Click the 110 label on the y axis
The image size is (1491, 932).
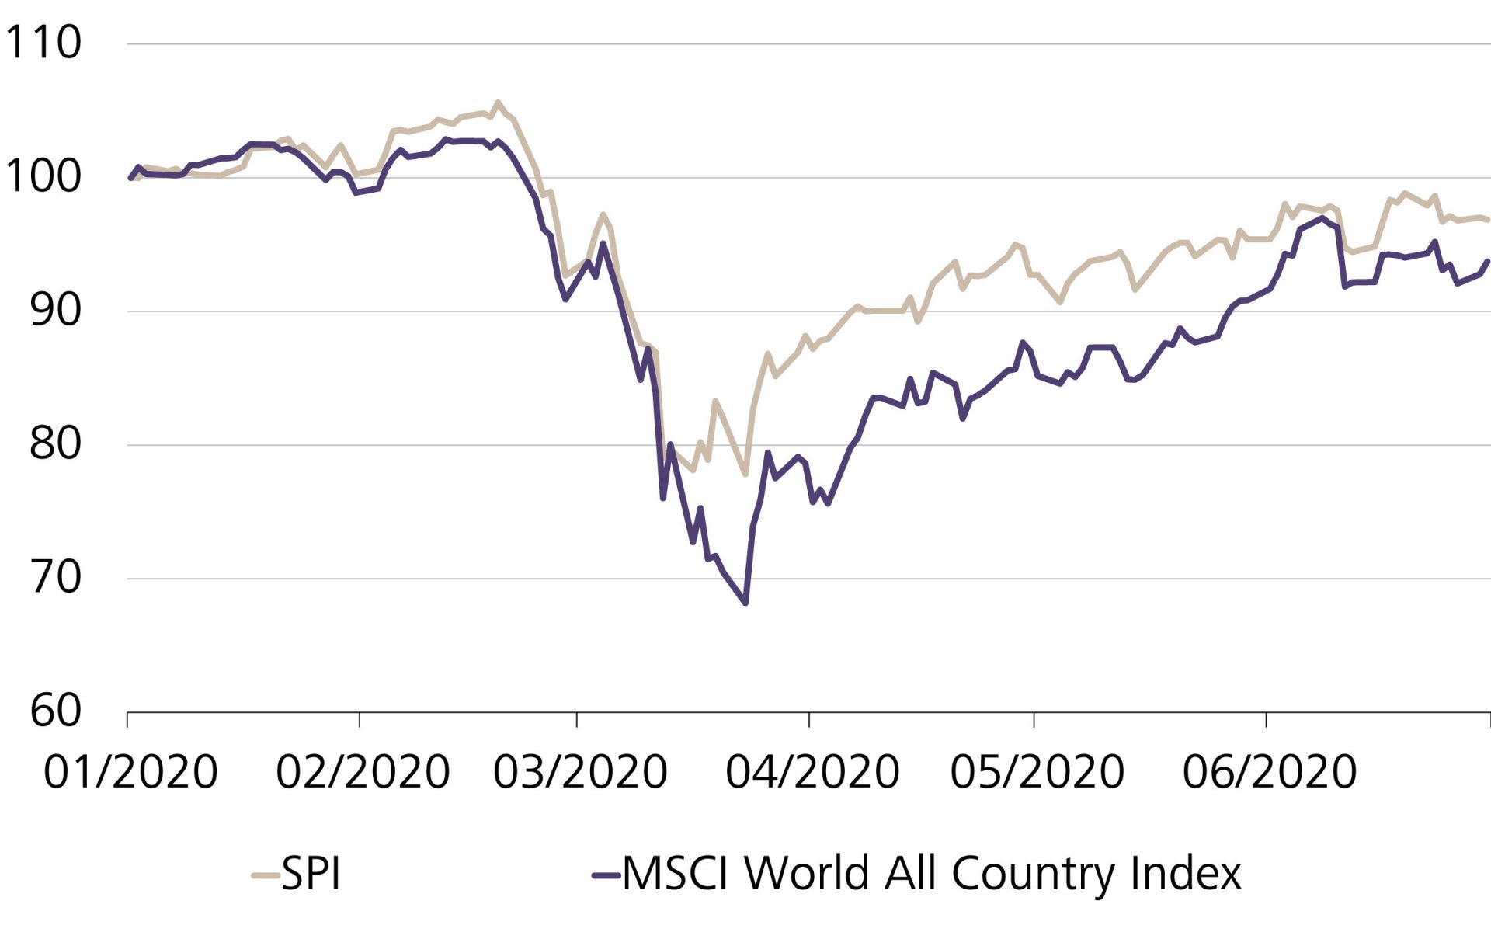pos(43,43)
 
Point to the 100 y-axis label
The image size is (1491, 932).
pos(43,177)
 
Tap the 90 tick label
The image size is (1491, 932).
pos(54,311)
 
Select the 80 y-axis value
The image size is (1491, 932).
pos(54,444)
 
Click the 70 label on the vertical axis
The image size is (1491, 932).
pos(54,578)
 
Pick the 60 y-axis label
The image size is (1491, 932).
pos(54,711)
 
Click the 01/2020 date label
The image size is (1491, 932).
pos(130,772)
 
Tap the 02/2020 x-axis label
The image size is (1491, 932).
pos(363,772)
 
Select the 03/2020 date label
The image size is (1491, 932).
pos(580,772)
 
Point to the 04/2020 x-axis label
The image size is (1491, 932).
pos(812,772)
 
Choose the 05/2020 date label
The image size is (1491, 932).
pos(1037,772)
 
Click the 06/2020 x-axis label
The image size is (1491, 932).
pos(1269,772)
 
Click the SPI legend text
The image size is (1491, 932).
pos(311,874)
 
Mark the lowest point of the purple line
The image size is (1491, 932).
pos(745,603)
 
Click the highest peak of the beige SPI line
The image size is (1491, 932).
pos(498,103)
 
